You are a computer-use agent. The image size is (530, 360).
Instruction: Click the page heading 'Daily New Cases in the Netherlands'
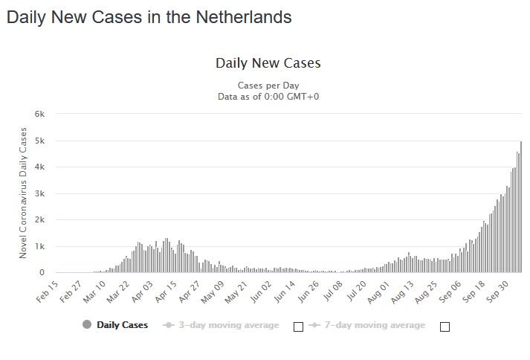click(149, 16)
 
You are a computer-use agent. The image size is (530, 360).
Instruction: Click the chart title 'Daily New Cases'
click(268, 63)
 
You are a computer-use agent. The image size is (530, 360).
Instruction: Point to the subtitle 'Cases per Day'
click(268, 85)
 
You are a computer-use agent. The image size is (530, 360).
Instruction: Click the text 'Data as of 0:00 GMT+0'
click(268, 96)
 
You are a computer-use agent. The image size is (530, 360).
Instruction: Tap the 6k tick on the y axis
click(40, 114)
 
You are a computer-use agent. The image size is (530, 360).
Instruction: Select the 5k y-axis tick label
click(40, 141)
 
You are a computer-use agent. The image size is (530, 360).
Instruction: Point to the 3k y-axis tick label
click(40, 193)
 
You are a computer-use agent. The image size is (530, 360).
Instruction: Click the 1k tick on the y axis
click(40, 246)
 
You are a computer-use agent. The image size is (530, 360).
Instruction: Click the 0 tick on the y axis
click(42, 273)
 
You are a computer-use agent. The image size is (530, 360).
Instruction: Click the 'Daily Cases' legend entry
click(115, 325)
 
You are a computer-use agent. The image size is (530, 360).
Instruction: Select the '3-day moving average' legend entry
click(222, 325)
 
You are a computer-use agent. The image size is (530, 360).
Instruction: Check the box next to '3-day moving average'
click(298, 327)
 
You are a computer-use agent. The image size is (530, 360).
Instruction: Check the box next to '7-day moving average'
click(445, 327)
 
